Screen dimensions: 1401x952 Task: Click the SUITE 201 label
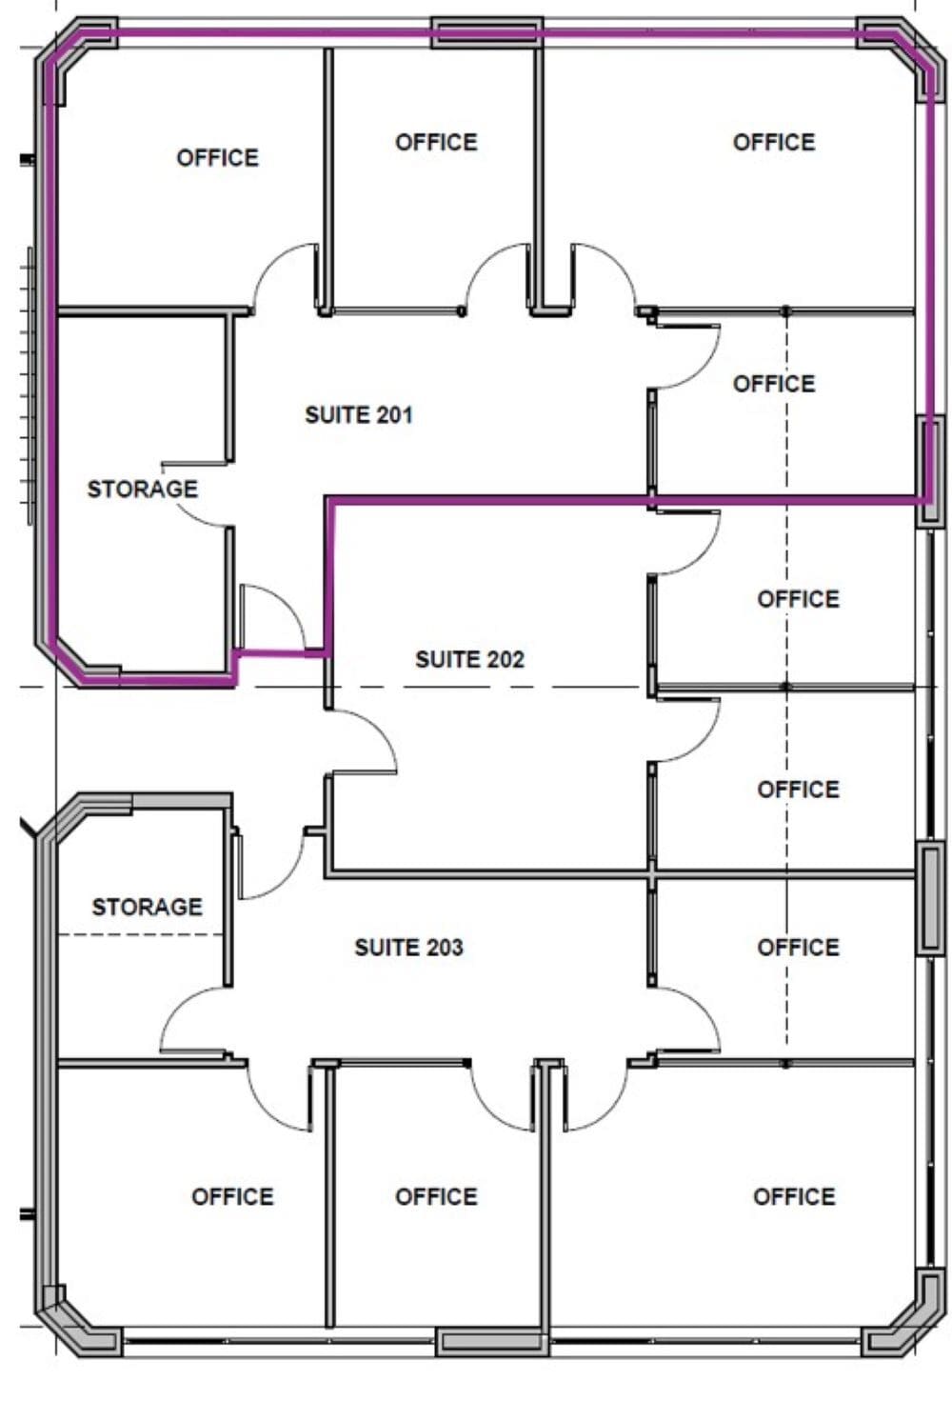pyautogui.click(x=359, y=415)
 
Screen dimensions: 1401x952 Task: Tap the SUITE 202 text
pyautogui.click(x=469, y=659)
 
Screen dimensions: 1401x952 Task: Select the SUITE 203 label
pyautogui.click(x=408, y=948)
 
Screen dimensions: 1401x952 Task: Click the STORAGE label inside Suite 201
pyautogui.click(x=143, y=490)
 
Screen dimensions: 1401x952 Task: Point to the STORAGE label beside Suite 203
pyautogui.click(x=147, y=907)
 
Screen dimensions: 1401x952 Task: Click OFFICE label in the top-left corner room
pyautogui.click(x=217, y=158)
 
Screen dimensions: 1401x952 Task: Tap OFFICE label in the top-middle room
pyautogui.click(x=436, y=143)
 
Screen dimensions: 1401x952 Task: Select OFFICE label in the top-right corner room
pyautogui.click(x=774, y=143)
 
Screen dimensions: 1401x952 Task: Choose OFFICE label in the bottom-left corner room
pyautogui.click(x=232, y=1197)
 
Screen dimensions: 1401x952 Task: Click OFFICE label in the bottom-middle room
pyautogui.click(x=436, y=1197)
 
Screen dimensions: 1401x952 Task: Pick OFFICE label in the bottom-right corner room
pyautogui.click(x=794, y=1197)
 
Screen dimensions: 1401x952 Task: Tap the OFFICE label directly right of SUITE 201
pyautogui.click(x=774, y=384)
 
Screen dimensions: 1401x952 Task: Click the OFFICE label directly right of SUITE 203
pyautogui.click(x=798, y=948)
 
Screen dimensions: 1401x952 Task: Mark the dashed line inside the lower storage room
pyautogui.click(x=143, y=934)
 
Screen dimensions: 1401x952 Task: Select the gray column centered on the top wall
pyautogui.click(x=487, y=32)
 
